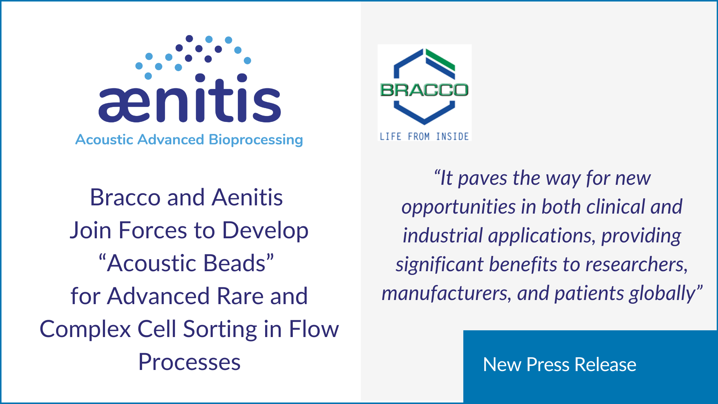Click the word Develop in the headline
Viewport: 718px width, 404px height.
265,230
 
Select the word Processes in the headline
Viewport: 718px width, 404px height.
189,362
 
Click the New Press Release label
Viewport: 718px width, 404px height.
559,364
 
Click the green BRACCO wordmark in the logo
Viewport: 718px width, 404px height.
424,90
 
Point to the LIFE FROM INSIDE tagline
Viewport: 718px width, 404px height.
424,137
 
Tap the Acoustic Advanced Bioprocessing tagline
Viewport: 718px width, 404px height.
189,140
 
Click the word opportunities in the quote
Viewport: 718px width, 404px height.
459,207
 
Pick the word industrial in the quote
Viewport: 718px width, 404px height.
443,236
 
